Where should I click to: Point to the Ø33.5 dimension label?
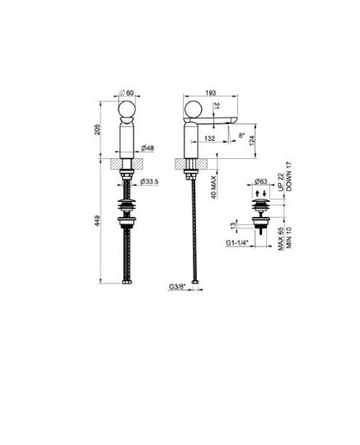click(151, 181)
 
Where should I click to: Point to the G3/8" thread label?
click(177, 287)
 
